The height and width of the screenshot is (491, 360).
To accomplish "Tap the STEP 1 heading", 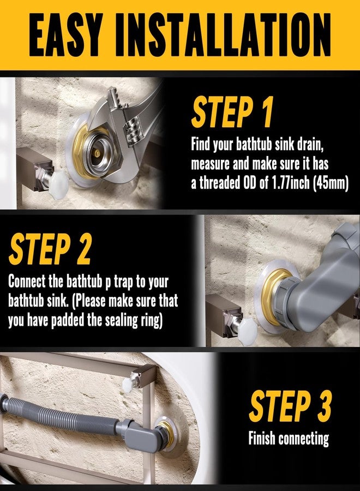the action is pyautogui.click(x=232, y=112).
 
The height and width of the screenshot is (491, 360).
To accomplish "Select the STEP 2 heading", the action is pyautogui.click(x=50, y=249).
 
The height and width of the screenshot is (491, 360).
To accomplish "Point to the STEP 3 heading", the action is pyautogui.click(x=290, y=406).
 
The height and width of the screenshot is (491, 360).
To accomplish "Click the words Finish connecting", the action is pyautogui.click(x=289, y=438).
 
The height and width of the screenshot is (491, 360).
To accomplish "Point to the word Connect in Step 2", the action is pyautogui.click(x=27, y=282).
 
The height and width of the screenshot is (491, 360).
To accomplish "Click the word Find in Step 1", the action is pyautogui.click(x=201, y=145).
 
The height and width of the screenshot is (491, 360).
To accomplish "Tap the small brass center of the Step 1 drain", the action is pyautogui.click(x=98, y=153).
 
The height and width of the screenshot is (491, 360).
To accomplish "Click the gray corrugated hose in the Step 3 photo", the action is pyautogui.click(x=59, y=413).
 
